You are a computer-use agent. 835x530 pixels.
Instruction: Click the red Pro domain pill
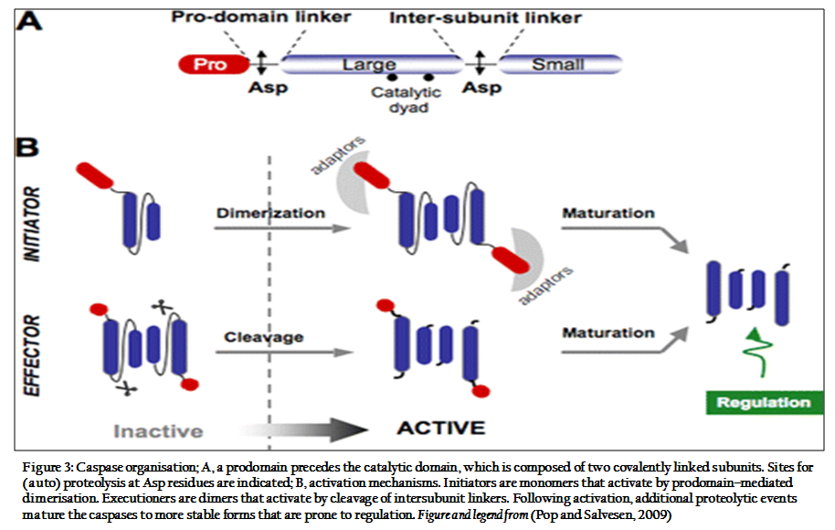[x=214, y=65]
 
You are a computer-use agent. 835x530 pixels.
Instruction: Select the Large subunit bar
[x=372, y=64]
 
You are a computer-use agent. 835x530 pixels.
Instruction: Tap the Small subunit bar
[x=560, y=64]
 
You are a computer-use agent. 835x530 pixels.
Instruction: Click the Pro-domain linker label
[x=261, y=17]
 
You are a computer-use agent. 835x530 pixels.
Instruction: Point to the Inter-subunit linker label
[x=485, y=17]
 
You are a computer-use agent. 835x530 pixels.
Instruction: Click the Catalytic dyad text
[x=407, y=100]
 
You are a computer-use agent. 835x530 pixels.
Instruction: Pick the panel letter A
[x=28, y=21]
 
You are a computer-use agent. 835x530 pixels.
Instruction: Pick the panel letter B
[x=27, y=147]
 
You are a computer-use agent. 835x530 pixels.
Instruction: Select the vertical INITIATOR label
[x=32, y=224]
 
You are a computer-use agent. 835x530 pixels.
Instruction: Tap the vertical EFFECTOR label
[x=32, y=355]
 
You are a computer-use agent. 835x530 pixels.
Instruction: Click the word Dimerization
[x=270, y=213]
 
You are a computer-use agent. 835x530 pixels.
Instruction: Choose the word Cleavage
[x=264, y=337]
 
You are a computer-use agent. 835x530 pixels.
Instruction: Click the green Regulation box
[x=764, y=403]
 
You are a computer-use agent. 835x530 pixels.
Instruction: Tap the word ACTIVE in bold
[x=441, y=428]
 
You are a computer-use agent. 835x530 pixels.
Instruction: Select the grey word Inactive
[x=158, y=431]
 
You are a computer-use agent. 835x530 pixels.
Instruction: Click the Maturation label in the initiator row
[x=608, y=213]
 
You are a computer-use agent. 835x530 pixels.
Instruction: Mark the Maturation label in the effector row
[x=608, y=333]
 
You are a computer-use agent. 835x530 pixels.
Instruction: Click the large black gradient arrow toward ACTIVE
[x=303, y=429]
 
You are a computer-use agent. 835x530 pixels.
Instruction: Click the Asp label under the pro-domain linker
[x=268, y=88]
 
